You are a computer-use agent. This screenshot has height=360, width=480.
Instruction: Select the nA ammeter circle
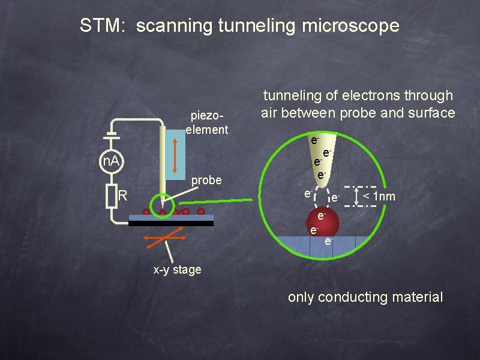109,161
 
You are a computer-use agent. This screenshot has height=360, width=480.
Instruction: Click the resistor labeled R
111,196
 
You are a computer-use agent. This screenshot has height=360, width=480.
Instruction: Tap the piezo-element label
207,122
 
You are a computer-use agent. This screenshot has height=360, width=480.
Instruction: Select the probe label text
206,180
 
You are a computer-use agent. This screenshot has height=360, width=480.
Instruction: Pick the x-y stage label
177,270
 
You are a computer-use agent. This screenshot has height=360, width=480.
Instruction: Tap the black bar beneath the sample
171,223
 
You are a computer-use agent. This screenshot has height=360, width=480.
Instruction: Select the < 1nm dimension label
377,196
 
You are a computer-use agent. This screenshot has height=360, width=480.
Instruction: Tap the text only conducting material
365,296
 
